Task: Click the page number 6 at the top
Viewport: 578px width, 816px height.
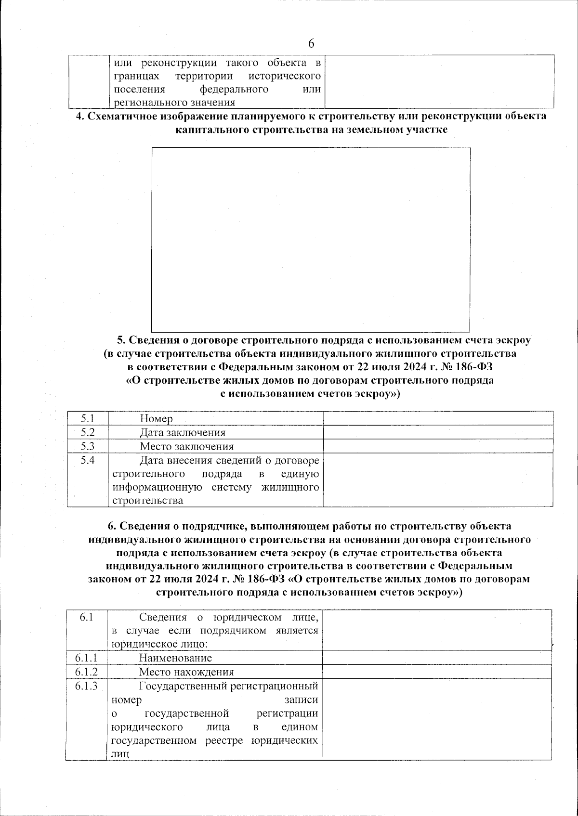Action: [311, 43]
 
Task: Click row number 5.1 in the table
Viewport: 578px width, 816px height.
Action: [87, 418]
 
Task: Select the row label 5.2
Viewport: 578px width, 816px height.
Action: [87, 432]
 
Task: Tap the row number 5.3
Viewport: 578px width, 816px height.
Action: [87, 446]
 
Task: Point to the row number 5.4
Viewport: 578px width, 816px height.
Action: [87, 460]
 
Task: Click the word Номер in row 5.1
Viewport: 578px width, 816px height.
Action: [156, 419]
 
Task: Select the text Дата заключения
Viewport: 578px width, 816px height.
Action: [183, 432]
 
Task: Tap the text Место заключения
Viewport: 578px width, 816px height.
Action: [186, 446]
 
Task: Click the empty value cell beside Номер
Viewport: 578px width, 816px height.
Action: [437, 418]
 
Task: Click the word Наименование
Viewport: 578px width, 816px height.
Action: [175, 658]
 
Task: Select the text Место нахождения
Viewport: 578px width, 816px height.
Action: [186, 672]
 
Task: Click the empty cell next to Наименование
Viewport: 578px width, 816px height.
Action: [436, 657]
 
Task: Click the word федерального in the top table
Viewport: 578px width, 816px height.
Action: [234, 89]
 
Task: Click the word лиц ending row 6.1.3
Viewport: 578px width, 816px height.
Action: [120, 754]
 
